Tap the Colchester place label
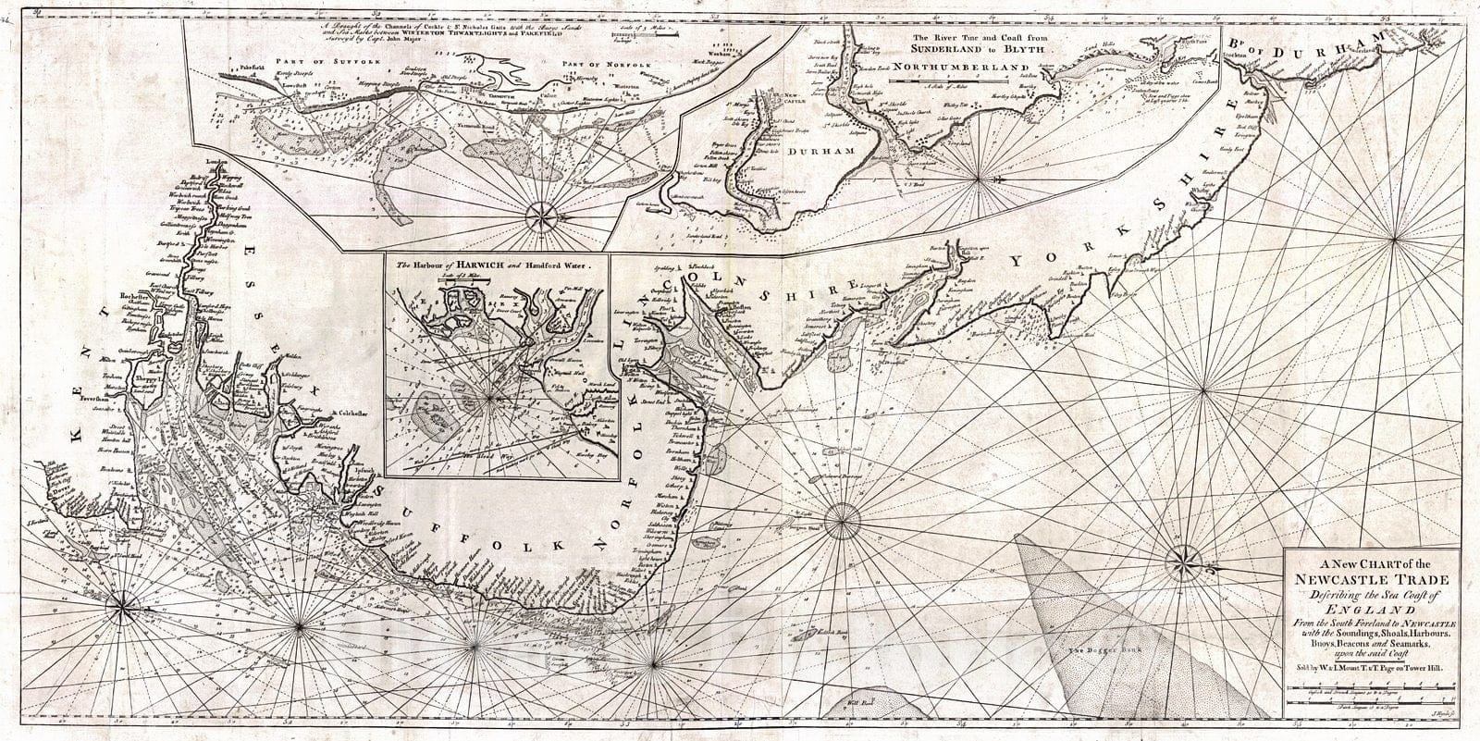pyautogui.click(x=347, y=414)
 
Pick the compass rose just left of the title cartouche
pyautogui.click(x=1183, y=559)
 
